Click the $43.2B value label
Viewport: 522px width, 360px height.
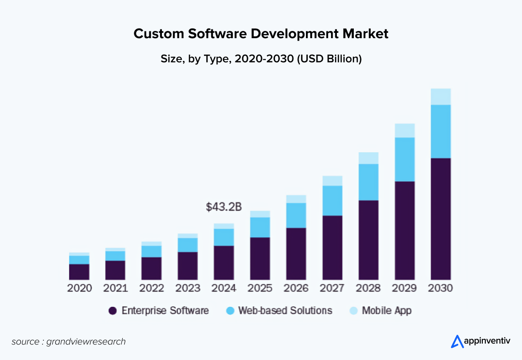click(224, 207)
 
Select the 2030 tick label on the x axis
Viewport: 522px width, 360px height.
click(440, 288)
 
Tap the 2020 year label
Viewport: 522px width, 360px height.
click(79, 288)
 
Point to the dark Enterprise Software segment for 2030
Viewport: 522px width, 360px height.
click(440, 219)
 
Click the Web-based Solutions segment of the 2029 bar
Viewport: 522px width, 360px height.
click(405, 159)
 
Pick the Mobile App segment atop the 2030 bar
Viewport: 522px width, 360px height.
click(440, 97)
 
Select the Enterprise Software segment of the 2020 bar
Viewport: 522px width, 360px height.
click(79, 272)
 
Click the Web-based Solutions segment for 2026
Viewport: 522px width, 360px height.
click(296, 216)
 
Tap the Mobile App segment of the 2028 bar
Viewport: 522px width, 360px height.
click(368, 158)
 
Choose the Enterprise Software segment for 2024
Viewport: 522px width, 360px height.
click(224, 263)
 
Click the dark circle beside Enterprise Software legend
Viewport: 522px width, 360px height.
click(113, 311)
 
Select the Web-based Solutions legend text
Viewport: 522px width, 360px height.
click(285, 311)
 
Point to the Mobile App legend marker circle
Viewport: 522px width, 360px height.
click(353, 311)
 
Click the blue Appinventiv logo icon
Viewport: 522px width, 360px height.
click(457, 342)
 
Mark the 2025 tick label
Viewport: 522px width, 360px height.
click(260, 288)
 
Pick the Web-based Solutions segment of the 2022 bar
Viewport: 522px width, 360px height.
click(151, 251)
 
